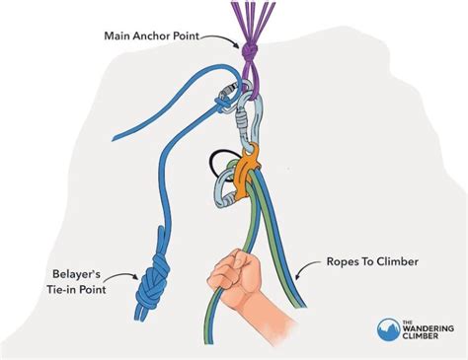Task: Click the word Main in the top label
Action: (120, 36)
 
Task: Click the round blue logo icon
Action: (389, 328)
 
